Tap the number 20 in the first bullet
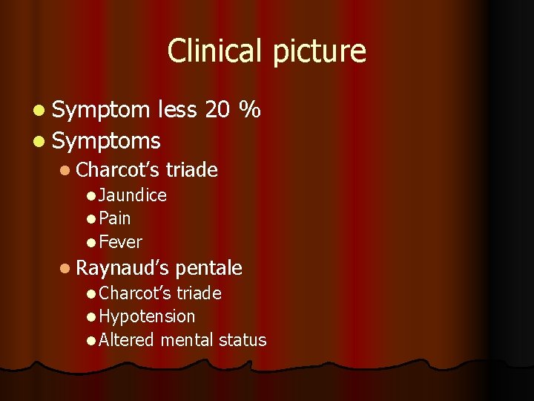click(x=217, y=110)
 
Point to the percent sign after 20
click(x=250, y=110)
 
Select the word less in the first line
click(x=177, y=110)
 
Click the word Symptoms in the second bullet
click(x=107, y=140)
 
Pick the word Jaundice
click(x=132, y=195)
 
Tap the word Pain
click(x=114, y=218)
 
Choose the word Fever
click(x=120, y=242)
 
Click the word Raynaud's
click(x=122, y=267)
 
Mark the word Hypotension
click(x=147, y=316)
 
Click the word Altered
click(x=126, y=340)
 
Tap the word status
click(x=243, y=340)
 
